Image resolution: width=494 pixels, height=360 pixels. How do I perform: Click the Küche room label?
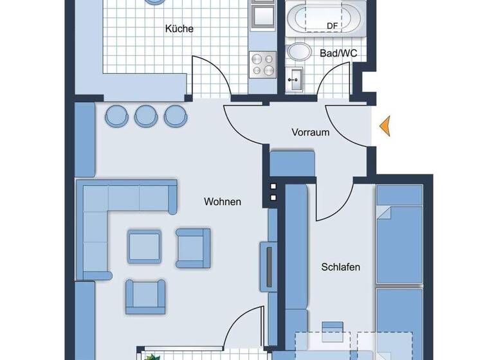179,29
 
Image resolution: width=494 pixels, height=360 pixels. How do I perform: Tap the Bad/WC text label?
338,53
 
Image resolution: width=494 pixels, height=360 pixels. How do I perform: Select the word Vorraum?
310,132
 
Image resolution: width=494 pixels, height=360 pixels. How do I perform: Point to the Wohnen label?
223,202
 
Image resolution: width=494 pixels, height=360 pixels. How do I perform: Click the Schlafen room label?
340,267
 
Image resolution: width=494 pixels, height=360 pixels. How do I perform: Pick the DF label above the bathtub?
333,25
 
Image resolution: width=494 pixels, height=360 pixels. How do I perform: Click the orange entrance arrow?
385,125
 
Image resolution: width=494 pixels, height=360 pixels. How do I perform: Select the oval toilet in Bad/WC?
299,52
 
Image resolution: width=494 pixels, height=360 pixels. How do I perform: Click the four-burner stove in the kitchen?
262,64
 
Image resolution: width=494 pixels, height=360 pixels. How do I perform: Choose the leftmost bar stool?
116,116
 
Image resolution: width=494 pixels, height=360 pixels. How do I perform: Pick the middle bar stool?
145,116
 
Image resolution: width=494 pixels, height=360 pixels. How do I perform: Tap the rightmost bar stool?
174,116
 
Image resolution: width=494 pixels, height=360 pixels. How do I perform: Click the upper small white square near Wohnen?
273,186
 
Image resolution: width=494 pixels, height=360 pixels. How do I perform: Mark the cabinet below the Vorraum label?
292,163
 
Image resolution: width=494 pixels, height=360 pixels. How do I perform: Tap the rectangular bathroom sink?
297,80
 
